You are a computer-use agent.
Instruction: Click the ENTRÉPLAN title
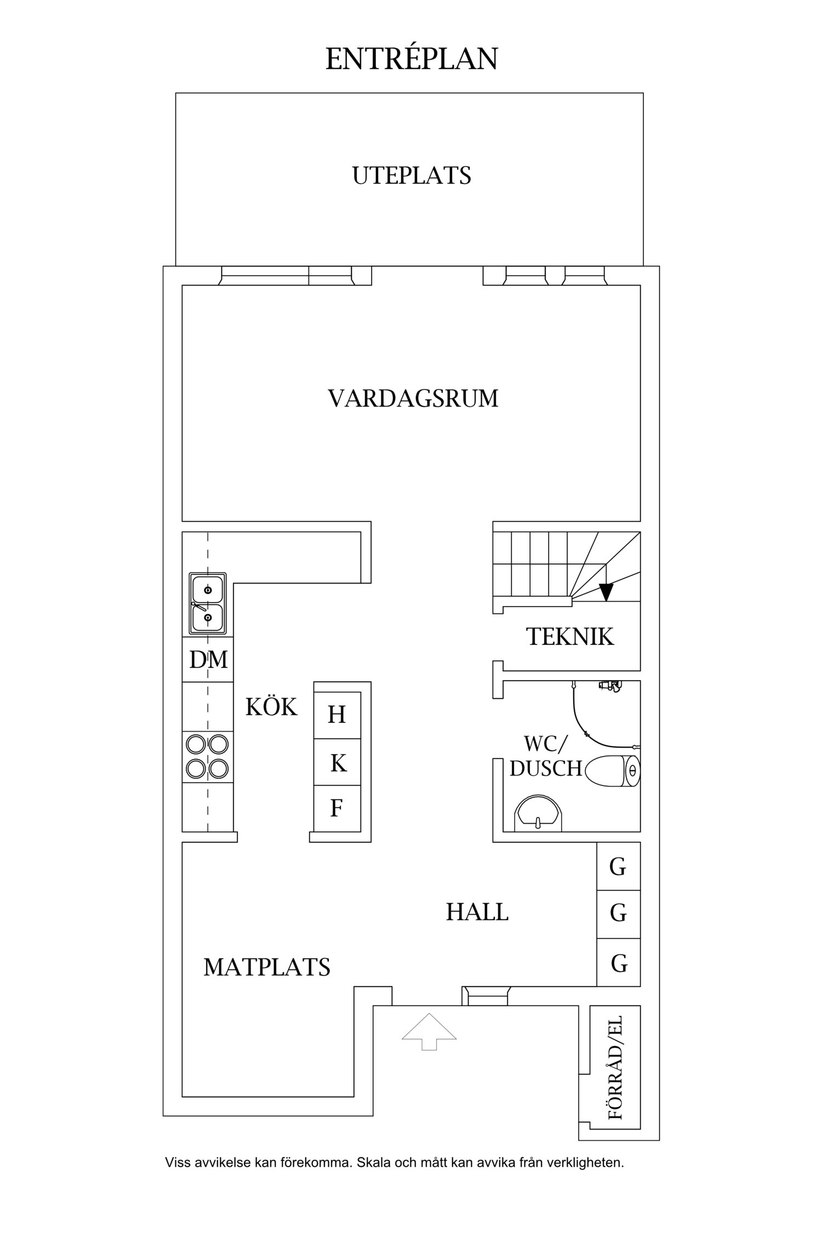(412, 59)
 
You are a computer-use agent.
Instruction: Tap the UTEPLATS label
(412, 176)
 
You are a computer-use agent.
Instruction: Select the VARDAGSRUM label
(413, 398)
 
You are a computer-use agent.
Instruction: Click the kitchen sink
(207, 603)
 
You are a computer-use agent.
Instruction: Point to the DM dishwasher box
(208, 659)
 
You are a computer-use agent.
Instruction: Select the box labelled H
(337, 715)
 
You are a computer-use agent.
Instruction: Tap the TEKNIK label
(570, 637)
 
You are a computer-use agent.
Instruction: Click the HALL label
(477, 912)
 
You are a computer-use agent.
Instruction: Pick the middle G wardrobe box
(618, 914)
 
